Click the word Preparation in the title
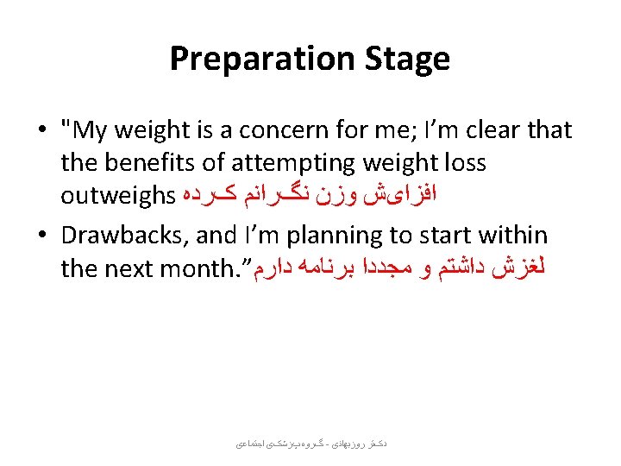pyautogui.click(x=254, y=60)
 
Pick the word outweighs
pyautogui.click(x=117, y=196)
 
